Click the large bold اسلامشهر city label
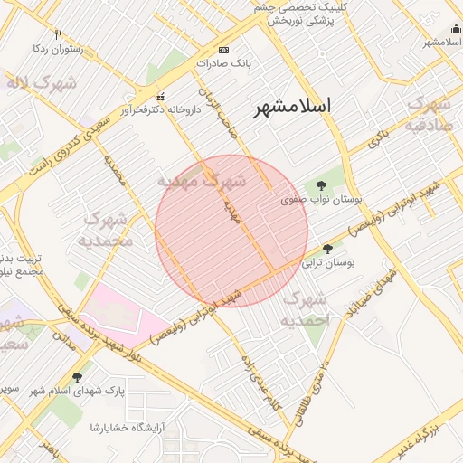[x=292, y=106]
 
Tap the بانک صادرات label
[x=223, y=64]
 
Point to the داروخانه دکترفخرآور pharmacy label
[x=161, y=110]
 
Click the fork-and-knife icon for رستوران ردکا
[x=58, y=34]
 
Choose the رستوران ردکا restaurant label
[x=57, y=49]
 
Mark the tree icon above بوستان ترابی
[x=327, y=248]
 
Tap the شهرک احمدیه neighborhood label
[x=303, y=309]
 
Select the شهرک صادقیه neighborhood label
[x=429, y=113]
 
